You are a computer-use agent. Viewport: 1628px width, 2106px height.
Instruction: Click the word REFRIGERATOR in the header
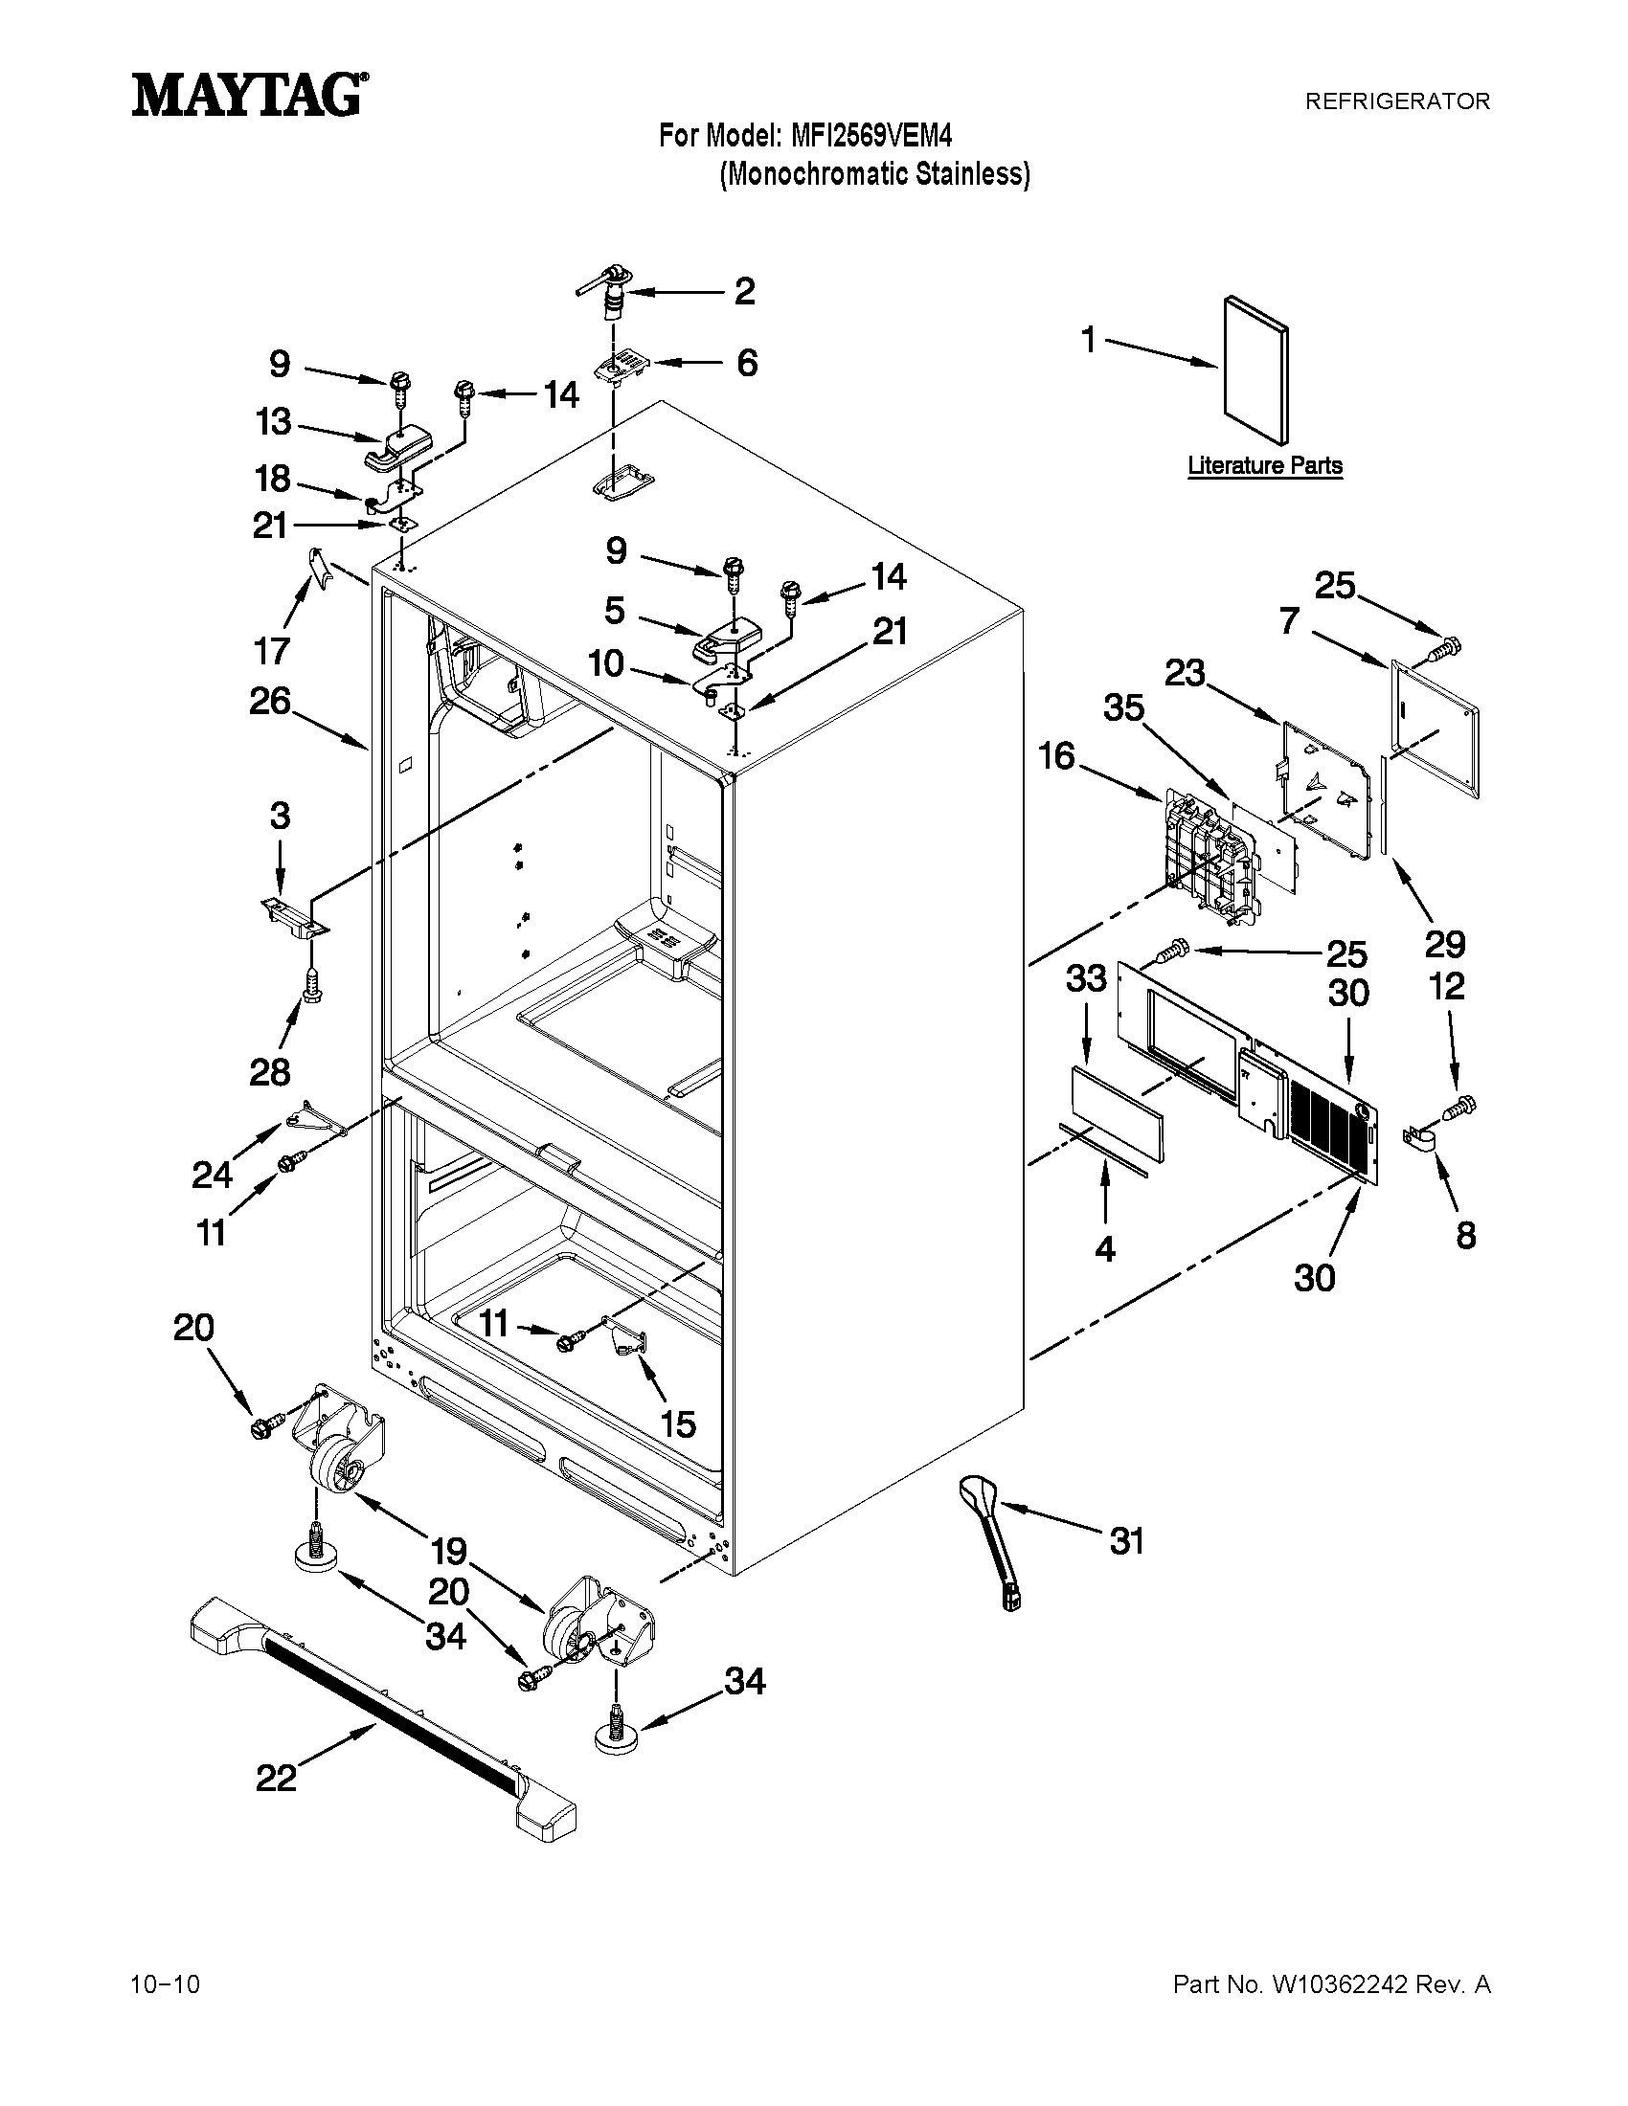click(1396, 101)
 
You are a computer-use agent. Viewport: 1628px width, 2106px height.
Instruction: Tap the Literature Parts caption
click(1264, 466)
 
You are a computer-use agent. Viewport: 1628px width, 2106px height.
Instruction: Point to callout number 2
click(744, 291)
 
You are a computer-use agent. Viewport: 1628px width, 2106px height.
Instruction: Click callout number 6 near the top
click(747, 364)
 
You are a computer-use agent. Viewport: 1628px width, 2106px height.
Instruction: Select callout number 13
click(273, 422)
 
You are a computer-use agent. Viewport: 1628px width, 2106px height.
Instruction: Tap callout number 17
click(272, 651)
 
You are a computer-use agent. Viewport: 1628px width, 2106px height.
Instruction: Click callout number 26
click(270, 701)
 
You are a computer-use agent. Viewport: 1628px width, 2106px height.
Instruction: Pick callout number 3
click(280, 817)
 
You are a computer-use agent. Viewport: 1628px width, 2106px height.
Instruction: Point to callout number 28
click(270, 1071)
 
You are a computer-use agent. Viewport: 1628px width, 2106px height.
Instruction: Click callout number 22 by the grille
click(276, 1778)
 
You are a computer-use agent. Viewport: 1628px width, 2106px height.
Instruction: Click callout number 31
click(1126, 1541)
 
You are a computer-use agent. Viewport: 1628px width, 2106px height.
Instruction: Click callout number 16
click(1057, 757)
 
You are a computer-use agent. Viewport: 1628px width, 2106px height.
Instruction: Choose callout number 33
click(1086, 979)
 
